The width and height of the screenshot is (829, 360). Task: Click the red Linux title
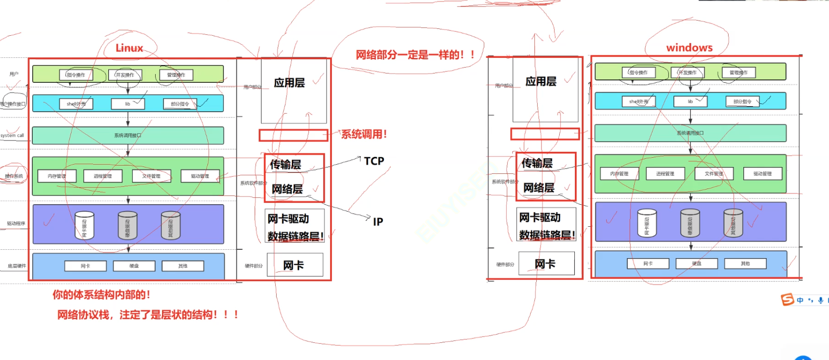point(129,48)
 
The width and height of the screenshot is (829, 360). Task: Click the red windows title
point(689,48)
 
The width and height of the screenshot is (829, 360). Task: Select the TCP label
point(374,161)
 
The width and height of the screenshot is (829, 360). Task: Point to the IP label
point(378,222)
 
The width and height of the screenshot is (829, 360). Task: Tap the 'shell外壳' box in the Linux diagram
point(76,104)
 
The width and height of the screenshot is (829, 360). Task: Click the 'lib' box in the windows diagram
point(690,101)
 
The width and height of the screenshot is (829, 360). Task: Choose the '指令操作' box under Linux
point(76,75)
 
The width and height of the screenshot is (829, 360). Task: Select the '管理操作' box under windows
point(738,72)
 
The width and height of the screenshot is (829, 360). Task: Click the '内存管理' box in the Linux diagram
point(57,176)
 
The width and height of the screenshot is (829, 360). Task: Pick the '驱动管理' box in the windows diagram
point(762,173)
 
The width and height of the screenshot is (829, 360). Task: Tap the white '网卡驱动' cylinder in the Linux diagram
point(84,226)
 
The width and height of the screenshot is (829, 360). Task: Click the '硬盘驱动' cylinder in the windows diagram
point(690,223)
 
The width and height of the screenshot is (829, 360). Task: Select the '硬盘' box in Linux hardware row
point(134,266)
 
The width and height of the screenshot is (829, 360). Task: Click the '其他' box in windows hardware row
point(745,264)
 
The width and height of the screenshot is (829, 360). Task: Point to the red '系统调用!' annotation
point(364,134)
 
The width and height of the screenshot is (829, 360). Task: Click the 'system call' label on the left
point(12,136)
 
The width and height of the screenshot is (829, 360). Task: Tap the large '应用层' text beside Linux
point(289,83)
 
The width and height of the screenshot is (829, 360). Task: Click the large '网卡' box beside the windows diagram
point(545,264)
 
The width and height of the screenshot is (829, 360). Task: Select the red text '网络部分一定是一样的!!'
point(415,55)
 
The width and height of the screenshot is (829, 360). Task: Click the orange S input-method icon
point(787,299)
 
